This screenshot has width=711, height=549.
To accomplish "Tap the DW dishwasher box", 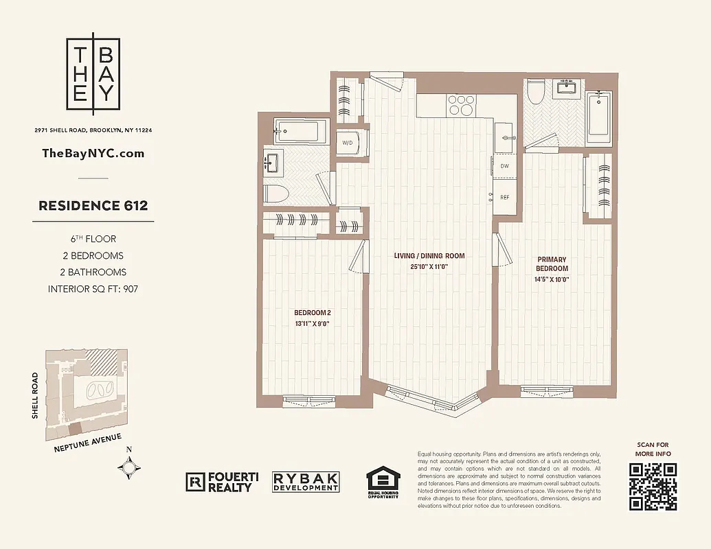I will pyautogui.click(x=505, y=166).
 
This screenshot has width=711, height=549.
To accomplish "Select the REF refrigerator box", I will pyautogui.click(x=505, y=197).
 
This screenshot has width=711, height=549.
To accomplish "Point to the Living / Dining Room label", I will pyautogui.click(x=429, y=256).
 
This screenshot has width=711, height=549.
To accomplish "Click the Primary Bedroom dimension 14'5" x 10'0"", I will pyautogui.click(x=552, y=279).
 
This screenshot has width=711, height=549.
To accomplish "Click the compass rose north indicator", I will pyautogui.click(x=129, y=467).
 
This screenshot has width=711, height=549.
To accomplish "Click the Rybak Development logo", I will pyautogui.click(x=306, y=482).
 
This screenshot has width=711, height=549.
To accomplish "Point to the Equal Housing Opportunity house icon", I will pyautogui.click(x=382, y=481).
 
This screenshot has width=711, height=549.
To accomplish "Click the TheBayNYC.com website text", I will pyautogui.click(x=93, y=153).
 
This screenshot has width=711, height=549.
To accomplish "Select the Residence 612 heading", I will pyautogui.click(x=93, y=205).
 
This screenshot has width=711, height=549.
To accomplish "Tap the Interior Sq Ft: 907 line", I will pyautogui.click(x=93, y=289).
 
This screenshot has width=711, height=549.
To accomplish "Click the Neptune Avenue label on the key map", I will pyautogui.click(x=87, y=443).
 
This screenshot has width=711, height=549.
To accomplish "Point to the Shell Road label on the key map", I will pyautogui.click(x=36, y=395).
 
